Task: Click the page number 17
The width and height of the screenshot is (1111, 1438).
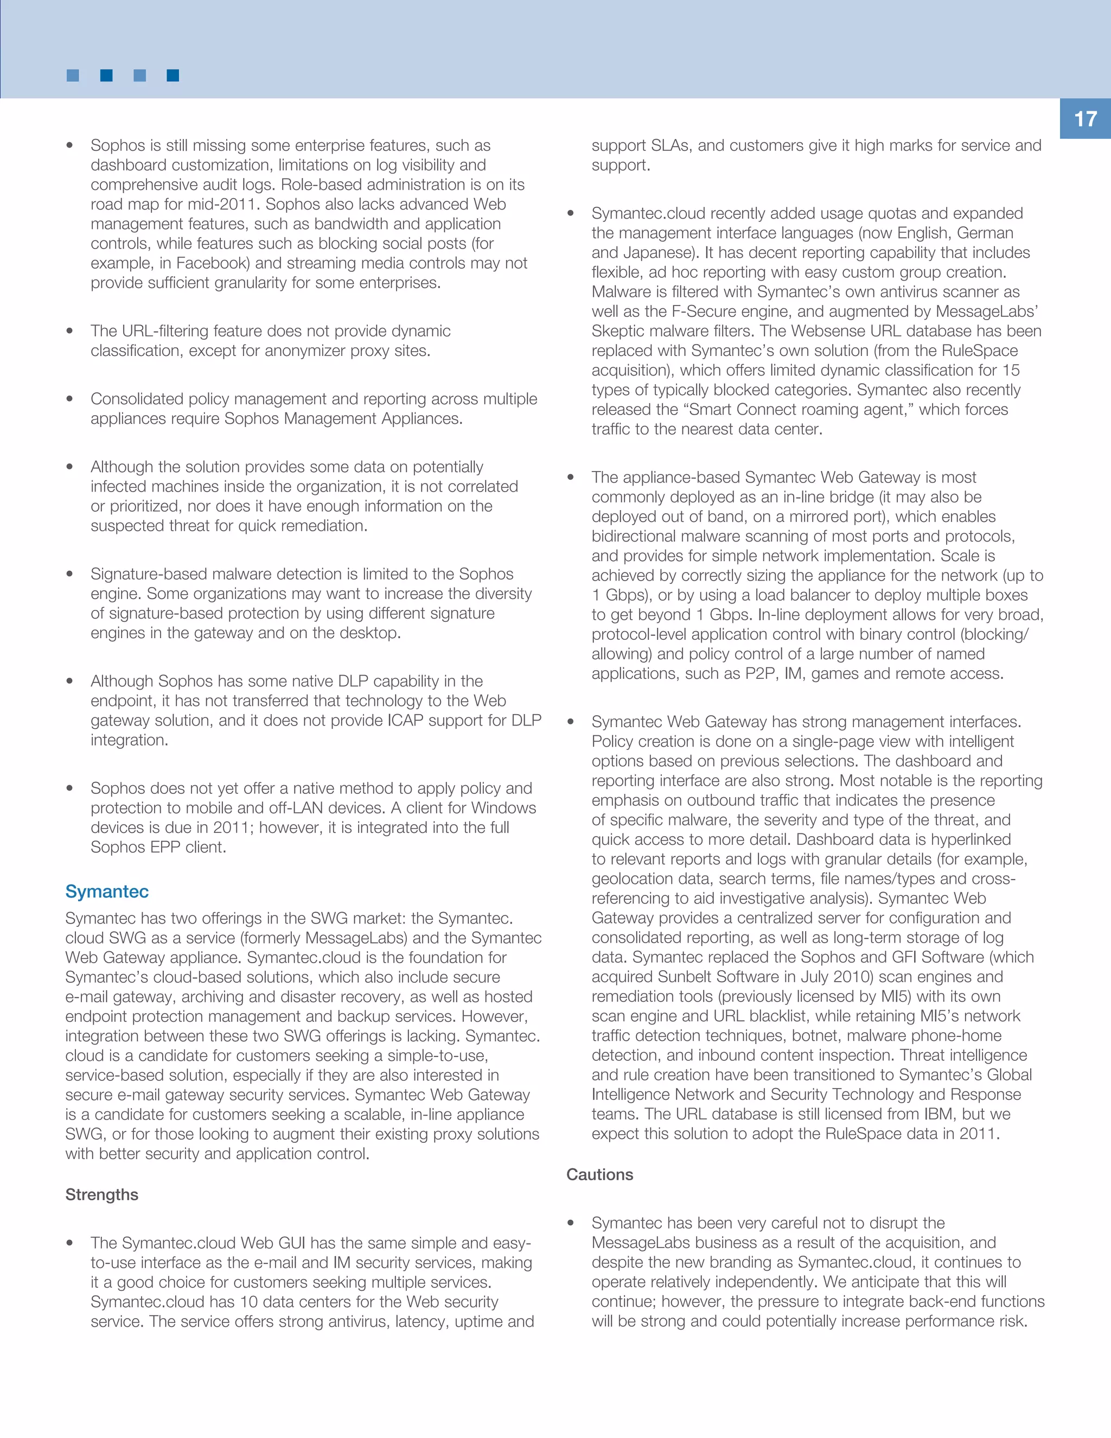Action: point(1086,119)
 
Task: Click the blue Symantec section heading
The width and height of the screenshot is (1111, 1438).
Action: point(107,892)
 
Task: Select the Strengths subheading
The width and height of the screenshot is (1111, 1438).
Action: point(101,1195)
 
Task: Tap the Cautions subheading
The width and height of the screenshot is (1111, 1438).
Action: point(599,1175)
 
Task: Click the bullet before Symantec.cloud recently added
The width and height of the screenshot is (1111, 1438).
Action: point(571,213)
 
